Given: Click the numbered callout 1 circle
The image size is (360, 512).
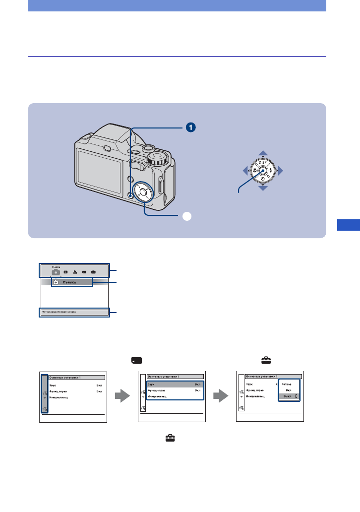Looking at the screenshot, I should pos(190,127).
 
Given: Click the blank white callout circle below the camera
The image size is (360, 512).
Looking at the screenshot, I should pos(186,216).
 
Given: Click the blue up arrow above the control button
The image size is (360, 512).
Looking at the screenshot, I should pos(263,153).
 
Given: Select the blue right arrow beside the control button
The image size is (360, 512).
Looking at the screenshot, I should pos(281,171).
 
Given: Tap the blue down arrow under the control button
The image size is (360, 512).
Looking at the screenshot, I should pos(263,188).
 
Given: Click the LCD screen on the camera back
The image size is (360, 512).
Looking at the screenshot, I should pos(99,169).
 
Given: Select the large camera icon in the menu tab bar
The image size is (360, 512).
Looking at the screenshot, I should pos(56,272).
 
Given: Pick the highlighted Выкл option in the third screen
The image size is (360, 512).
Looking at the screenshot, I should pos(289,396).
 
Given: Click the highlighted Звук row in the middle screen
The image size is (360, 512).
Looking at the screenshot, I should pos(175,384).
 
